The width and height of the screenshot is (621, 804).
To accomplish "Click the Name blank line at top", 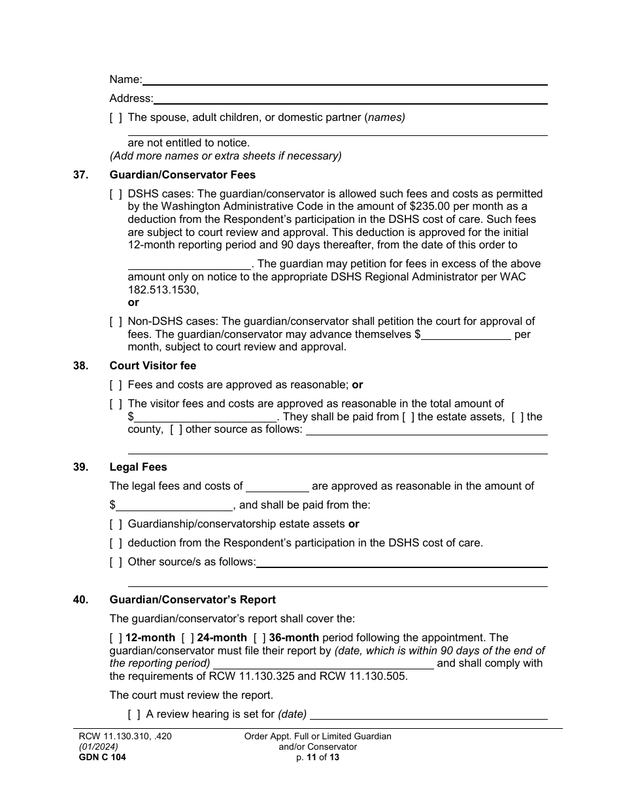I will (x=344, y=80).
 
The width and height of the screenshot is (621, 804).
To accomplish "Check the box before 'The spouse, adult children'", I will (x=116, y=118).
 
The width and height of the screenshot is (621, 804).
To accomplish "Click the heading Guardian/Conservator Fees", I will (x=182, y=175).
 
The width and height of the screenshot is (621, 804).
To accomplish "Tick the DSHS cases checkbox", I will (x=116, y=194).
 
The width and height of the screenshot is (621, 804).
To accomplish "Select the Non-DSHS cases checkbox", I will (x=116, y=322).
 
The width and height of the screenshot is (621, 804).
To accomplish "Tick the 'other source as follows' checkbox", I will (x=176, y=429).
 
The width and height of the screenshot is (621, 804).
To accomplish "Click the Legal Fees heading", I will (x=138, y=467).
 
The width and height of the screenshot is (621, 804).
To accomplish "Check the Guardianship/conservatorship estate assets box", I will (x=116, y=524).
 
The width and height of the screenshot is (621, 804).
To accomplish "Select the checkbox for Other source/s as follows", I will (x=116, y=562).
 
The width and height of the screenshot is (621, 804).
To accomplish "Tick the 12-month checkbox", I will (x=116, y=638).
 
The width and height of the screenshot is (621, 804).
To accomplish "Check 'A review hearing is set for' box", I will (x=134, y=714).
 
